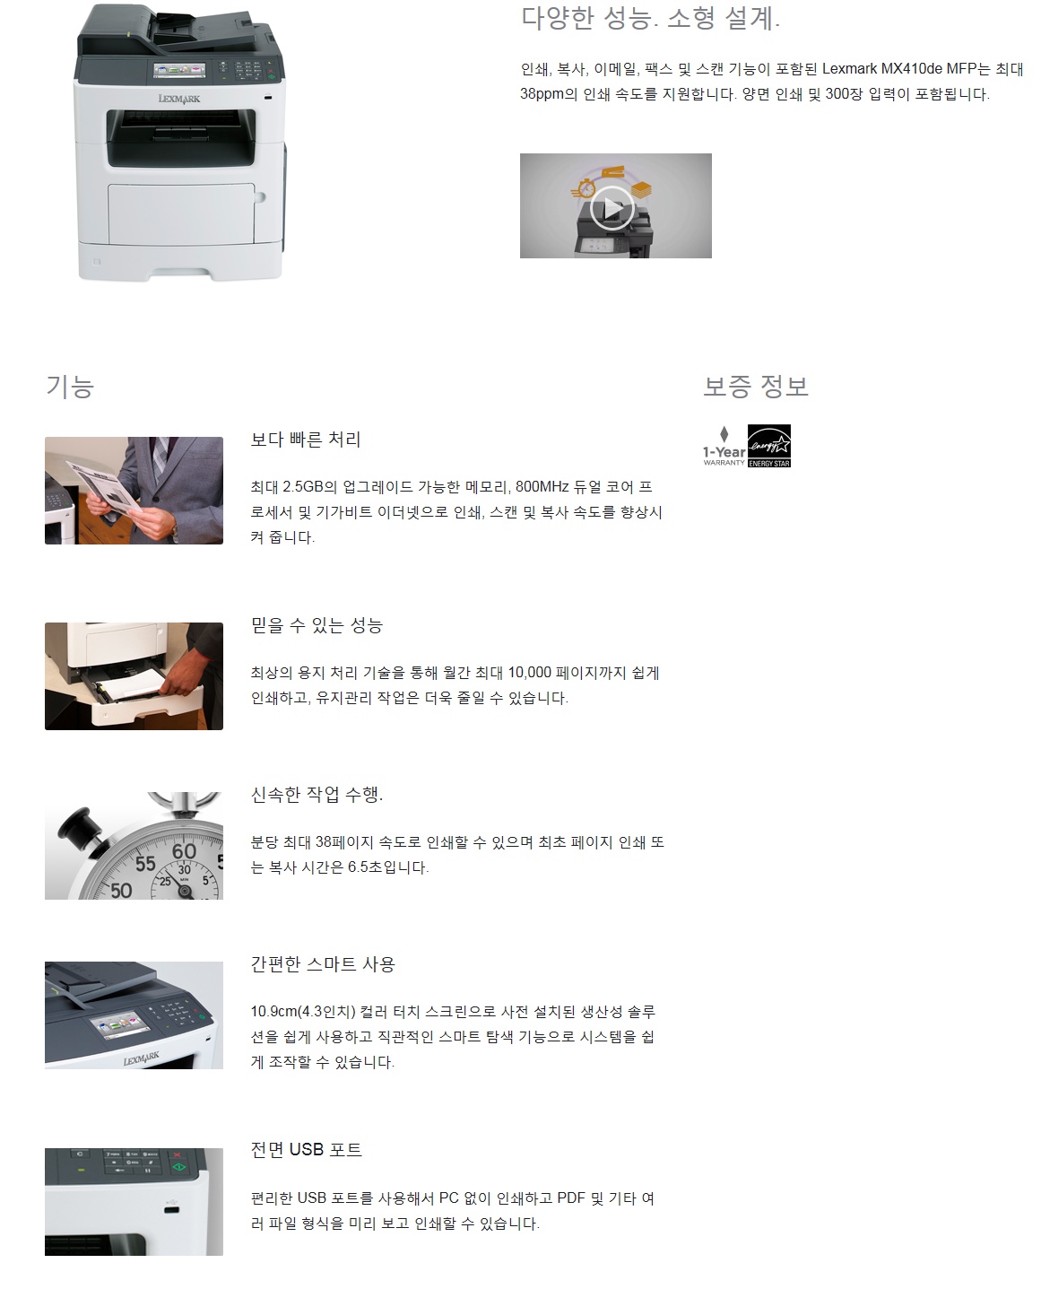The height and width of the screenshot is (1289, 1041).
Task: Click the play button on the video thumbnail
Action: pos(612,207)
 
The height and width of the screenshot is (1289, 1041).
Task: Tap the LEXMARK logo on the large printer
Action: pos(179,99)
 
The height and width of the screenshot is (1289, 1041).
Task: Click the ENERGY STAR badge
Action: pos(768,446)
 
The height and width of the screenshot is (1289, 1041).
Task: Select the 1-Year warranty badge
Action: pos(724,447)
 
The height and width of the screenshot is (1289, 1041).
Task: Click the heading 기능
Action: pos(70,387)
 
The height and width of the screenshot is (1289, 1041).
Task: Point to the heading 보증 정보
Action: pos(756,386)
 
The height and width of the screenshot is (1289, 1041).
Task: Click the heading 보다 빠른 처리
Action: pos(306,440)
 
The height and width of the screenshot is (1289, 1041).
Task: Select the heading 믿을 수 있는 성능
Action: pos(317,625)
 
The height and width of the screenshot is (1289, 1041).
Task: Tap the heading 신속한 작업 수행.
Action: pos(317,794)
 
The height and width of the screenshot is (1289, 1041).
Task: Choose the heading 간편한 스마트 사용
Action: pos(323,963)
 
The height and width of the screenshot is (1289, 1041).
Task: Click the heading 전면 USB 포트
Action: pos(306,1149)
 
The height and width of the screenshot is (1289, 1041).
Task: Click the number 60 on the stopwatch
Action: pos(184,851)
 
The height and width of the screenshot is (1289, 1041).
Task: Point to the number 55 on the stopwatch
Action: pos(145,864)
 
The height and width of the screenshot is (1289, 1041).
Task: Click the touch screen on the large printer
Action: pos(179,70)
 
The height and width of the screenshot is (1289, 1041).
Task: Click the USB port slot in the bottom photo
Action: pos(172,1209)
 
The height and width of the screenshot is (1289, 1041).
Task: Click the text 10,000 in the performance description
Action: pos(529,673)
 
